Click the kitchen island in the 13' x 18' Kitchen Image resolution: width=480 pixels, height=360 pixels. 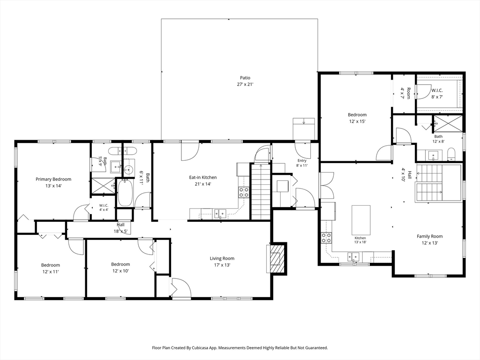click(x=361, y=220)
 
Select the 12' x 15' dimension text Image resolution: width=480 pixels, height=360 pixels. click(x=357, y=121)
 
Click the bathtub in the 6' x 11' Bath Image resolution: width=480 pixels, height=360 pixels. click(x=125, y=193)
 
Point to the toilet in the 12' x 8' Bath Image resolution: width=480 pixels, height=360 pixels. click(x=451, y=154)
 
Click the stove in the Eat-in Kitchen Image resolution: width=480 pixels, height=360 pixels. click(x=244, y=192)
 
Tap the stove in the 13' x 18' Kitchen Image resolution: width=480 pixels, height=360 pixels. click(x=326, y=238)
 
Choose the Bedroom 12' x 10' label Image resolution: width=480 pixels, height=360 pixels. click(x=120, y=268)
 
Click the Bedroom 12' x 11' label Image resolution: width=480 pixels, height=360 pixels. click(x=51, y=268)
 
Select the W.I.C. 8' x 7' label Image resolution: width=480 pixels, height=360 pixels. click(x=437, y=93)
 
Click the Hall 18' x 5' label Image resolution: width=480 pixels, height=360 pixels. click(x=120, y=228)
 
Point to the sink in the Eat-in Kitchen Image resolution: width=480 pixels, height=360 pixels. click(x=220, y=213)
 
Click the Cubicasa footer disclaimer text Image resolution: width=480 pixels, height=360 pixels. click(x=240, y=348)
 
